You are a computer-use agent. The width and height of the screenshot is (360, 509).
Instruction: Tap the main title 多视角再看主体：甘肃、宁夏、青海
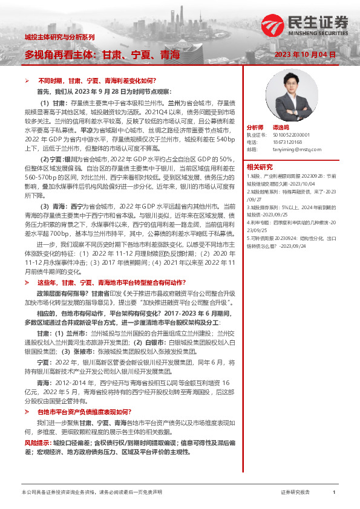pyautogui.click(x=102, y=55)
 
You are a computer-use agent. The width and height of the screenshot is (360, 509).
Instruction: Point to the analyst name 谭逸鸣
pyautogui.click(x=280, y=128)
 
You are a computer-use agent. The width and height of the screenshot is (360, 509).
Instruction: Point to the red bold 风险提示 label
pyautogui.click(x=37, y=443)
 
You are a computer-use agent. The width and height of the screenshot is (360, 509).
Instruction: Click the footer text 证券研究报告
pyautogui.click(x=295, y=493)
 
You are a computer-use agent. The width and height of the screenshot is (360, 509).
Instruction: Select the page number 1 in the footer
pyautogui.click(x=334, y=493)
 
